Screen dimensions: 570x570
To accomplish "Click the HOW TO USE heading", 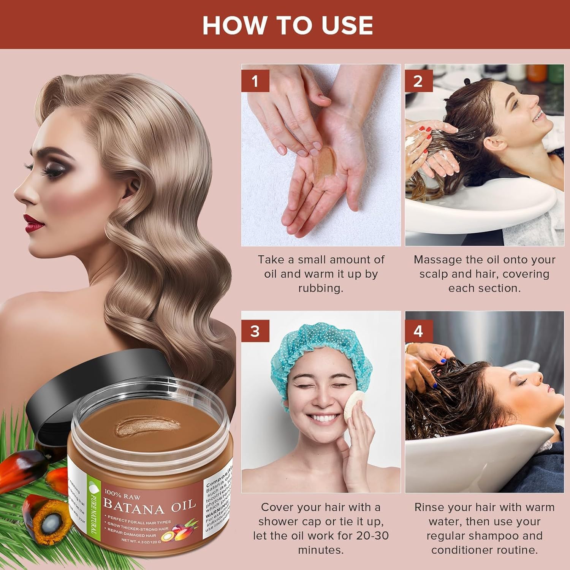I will pos(287,25).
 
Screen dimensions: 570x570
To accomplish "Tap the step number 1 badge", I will pos(255,81).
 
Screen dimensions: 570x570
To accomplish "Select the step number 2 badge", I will pos(418,81).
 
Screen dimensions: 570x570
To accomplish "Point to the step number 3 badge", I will pos(255,331).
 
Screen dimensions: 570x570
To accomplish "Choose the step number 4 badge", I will pos(418,331).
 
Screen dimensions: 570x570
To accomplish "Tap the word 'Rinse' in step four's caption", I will pos(429,507).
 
